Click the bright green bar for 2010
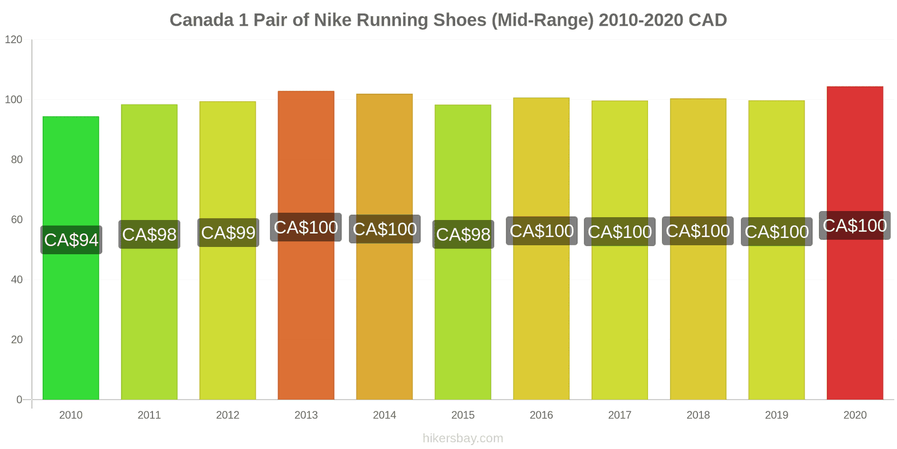pos(71,314)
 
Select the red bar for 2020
pos(854,314)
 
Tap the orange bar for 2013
pos(306,314)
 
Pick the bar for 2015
pos(463,314)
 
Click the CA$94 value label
pos(71,240)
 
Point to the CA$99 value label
pos(228,232)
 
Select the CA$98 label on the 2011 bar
pos(149,234)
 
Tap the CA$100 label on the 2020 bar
pos(854,225)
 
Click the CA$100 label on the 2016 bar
pos(542,231)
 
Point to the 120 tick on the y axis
pos(13,39)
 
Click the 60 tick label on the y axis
pos(16,219)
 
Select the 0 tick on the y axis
pos(19,400)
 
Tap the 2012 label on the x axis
pos(228,415)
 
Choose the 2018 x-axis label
pos(698,415)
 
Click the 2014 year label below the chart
pos(385,415)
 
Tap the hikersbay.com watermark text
pos(463,438)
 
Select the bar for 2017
pos(619,314)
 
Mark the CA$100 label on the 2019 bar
pos(776,231)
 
